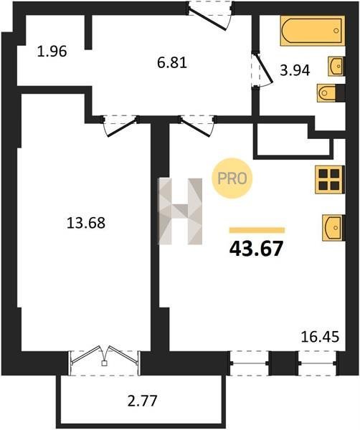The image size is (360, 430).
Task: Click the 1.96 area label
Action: (x=52, y=52)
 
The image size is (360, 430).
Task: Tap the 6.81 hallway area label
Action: (x=172, y=63)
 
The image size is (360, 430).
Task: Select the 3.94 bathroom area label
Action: (x=295, y=70)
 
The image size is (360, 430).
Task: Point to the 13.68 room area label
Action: (x=86, y=222)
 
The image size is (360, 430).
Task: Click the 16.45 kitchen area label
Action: (x=321, y=337)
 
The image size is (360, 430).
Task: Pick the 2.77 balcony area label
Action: (x=143, y=401)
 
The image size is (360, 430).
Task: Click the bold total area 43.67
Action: (x=256, y=249)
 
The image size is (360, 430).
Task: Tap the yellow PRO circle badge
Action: (x=232, y=178)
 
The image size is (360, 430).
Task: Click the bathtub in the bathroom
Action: (x=313, y=31)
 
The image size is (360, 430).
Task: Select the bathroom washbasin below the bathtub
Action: (x=336, y=66)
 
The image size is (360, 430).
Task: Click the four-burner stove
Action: (x=330, y=180)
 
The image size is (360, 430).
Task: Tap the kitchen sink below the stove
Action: (x=333, y=228)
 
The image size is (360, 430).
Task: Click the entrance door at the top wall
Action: (x=210, y=16)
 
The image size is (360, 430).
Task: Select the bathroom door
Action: (x=262, y=70)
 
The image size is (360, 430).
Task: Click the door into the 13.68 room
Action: (x=120, y=125)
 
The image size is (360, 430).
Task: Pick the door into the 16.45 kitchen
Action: (x=197, y=125)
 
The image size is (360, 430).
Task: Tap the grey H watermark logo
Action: (x=181, y=211)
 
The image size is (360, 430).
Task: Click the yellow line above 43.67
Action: (x=257, y=230)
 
